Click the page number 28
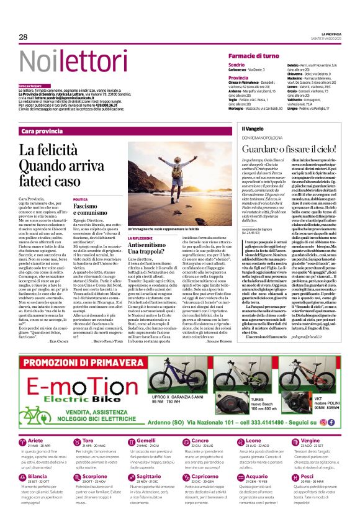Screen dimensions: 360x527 (x=23, y=37)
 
